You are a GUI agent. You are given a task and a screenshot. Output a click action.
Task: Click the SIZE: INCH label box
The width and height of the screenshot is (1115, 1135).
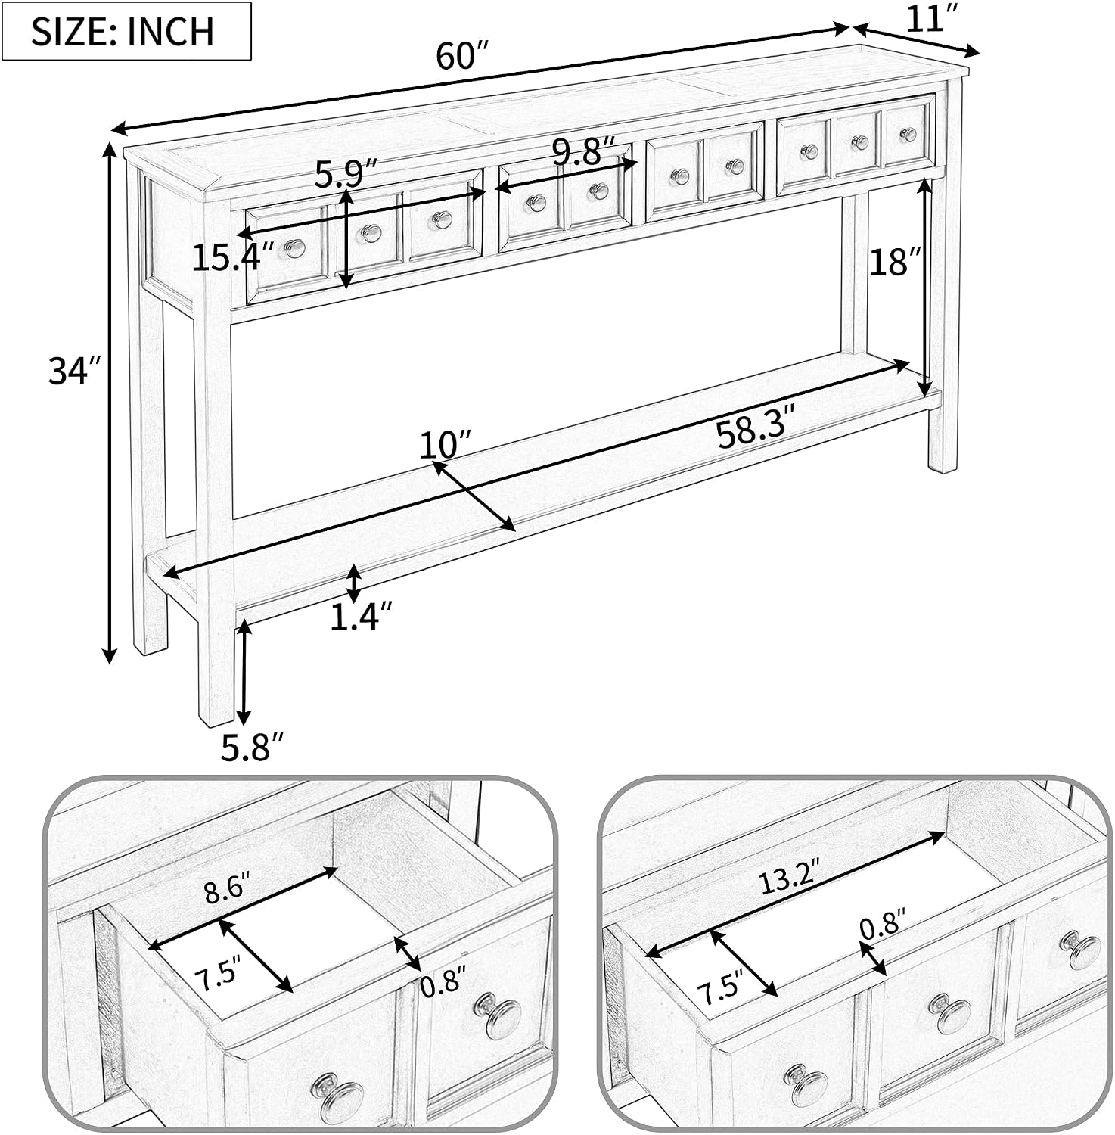[x=126, y=31]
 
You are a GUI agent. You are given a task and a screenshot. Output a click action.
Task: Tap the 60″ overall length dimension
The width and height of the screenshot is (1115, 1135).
[x=464, y=56]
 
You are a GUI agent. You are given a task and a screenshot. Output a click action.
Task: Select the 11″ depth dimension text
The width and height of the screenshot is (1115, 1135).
[x=927, y=18]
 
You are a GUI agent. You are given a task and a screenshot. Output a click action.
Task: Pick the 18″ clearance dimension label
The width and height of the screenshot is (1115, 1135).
[x=896, y=263]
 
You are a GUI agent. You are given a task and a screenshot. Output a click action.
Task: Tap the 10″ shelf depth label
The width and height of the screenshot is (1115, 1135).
[x=446, y=444]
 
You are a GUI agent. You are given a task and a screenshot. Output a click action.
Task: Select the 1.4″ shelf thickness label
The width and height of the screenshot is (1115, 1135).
[x=362, y=617]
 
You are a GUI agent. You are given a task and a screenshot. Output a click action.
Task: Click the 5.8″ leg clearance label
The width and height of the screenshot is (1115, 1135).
[x=253, y=748]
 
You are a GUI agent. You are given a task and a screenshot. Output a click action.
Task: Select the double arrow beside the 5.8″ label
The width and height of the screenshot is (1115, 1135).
[x=244, y=670]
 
